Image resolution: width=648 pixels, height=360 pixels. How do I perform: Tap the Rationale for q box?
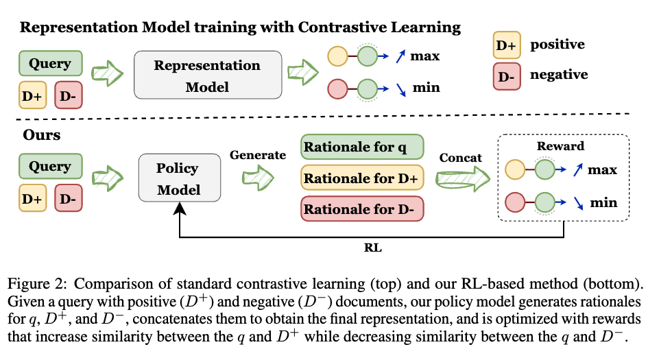point(362,147)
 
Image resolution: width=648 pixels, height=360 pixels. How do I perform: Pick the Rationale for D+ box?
point(362,179)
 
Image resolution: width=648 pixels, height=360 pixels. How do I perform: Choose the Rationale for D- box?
point(362,208)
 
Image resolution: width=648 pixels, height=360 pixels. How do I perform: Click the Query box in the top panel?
point(50,64)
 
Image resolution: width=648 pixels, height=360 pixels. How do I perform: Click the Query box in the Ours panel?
point(50,167)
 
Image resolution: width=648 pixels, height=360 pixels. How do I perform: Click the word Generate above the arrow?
point(258,156)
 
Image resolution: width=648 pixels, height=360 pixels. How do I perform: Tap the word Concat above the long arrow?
point(461,158)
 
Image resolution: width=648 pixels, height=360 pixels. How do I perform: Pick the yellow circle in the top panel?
point(337,56)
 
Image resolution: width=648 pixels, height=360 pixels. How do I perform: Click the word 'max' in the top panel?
point(425,56)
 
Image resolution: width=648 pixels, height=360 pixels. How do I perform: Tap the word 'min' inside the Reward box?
point(604,202)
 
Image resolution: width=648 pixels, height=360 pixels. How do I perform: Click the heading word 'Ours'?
point(40,134)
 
